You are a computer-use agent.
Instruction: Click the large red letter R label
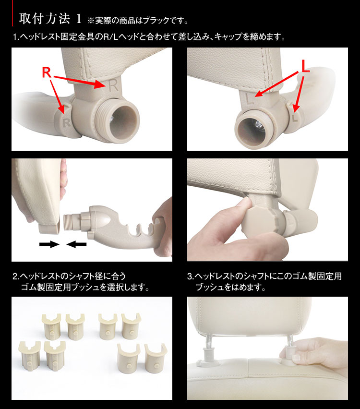pos(47,72)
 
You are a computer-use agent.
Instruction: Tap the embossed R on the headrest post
pos(113,85)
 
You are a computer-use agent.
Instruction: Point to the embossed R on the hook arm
pos(67,122)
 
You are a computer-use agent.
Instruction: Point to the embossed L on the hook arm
pos(295,118)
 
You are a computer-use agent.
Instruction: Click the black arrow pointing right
pos(49,244)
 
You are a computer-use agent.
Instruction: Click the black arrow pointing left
pos(76,244)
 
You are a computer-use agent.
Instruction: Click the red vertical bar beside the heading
pos(12,13)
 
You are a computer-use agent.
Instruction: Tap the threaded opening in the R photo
pos(122,120)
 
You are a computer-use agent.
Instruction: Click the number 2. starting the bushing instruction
pos(16,276)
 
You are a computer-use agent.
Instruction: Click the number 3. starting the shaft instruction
pos(191,276)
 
